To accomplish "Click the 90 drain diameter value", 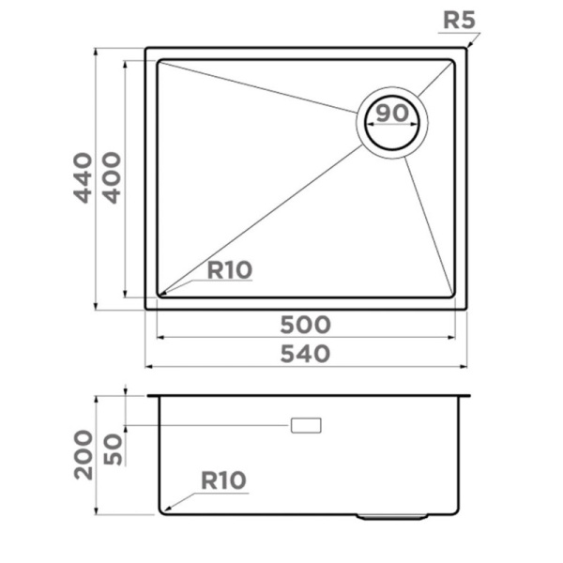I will tap(392, 114).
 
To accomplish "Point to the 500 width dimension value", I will tap(306, 325).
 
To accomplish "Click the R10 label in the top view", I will tap(230, 271).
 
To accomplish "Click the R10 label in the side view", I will tap(222, 481).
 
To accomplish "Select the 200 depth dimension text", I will tap(84, 454).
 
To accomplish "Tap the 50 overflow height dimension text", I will tap(113, 449).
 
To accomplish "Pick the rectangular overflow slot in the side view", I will tap(306, 425).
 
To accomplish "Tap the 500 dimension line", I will tap(235, 338).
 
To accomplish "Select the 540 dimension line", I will tap(235, 366).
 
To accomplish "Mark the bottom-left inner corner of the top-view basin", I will tap(160, 295).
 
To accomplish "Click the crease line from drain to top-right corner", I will tap(435, 80).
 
